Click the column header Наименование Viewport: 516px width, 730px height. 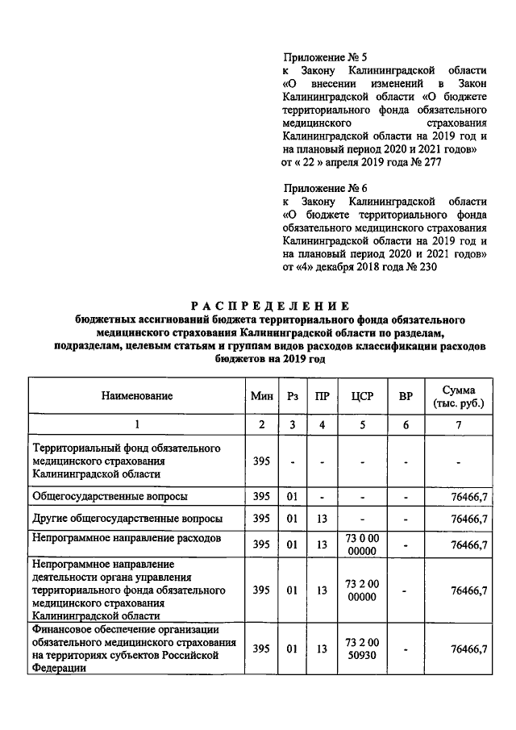pyautogui.click(x=137, y=396)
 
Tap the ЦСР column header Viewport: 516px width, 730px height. pyautogui.click(x=360, y=396)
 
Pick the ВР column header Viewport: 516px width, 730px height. pyautogui.click(x=406, y=396)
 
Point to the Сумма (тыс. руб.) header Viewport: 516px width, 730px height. pyautogui.click(x=458, y=396)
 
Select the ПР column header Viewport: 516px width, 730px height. pyautogui.click(x=322, y=396)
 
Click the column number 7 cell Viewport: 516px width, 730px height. pyautogui.click(x=458, y=424)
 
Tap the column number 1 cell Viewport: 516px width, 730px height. pyautogui.click(x=137, y=424)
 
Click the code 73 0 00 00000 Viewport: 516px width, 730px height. pyautogui.click(x=360, y=544)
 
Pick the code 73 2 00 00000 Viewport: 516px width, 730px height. pyautogui.click(x=360, y=590)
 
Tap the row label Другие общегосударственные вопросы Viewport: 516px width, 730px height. pyautogui.click(x=127, y=518)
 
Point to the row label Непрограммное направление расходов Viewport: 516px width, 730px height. pyautogui.click(x=126, y=536)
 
